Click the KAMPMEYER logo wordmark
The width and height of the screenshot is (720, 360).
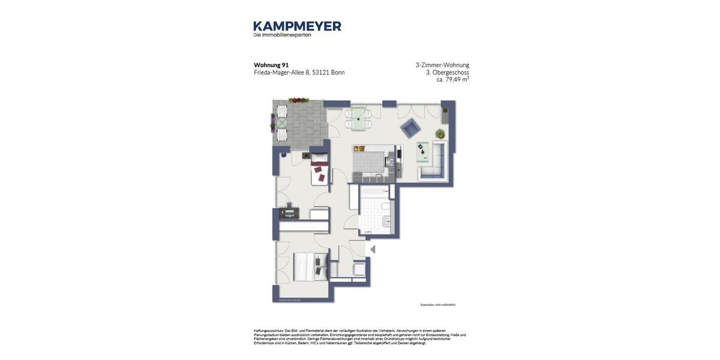pos(297,26)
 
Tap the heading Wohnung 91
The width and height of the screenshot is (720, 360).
pos(271,65)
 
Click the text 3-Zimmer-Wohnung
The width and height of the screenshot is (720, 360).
pos(442,65)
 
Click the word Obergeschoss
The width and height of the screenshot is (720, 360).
pos(451,72)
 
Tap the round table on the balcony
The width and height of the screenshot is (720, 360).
pos(281,123)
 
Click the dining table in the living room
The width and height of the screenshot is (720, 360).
pos(358,118)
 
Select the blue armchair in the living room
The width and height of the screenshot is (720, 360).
pos(410,127)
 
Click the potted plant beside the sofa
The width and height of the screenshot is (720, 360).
pos(440,134)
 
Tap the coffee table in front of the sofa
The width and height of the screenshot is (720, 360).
pos(423,152)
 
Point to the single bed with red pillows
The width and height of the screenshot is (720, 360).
pos(319,170)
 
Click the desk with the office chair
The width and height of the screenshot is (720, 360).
pos(289,212)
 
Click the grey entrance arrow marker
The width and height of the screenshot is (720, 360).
pos(373,249)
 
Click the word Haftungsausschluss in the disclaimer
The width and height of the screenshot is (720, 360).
pos(268,331)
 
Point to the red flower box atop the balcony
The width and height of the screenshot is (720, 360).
pos(298,100)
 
